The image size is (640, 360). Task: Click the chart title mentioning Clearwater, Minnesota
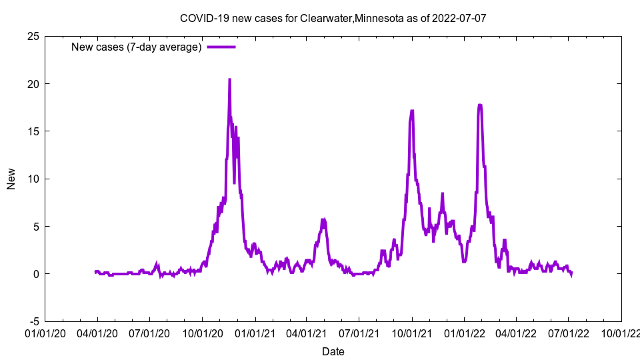pos(333,17)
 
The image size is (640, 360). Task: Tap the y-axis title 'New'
pos(11,179)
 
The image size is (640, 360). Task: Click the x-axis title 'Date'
pos(333,351)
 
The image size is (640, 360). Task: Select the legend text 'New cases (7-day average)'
pos(136,47)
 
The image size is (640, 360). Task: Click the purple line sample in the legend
pos(221,47)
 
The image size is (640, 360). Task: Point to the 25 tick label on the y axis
pos(33,36)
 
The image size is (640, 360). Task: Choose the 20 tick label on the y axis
pos(33,84)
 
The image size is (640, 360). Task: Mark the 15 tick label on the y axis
pos(33,131)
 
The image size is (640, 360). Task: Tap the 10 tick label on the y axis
pos(33,179)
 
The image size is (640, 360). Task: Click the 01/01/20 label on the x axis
pos(45,332)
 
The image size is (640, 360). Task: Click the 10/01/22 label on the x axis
pos(621,332)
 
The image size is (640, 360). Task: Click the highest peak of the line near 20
pos(229,79)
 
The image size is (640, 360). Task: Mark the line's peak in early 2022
pos(480,105)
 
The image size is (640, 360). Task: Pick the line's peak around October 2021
pos(412,111)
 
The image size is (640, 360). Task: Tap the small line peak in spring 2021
pos(323,219)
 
